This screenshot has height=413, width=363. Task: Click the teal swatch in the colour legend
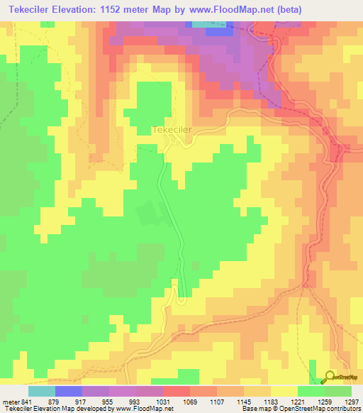42,391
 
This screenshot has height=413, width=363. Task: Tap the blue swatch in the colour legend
69,391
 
